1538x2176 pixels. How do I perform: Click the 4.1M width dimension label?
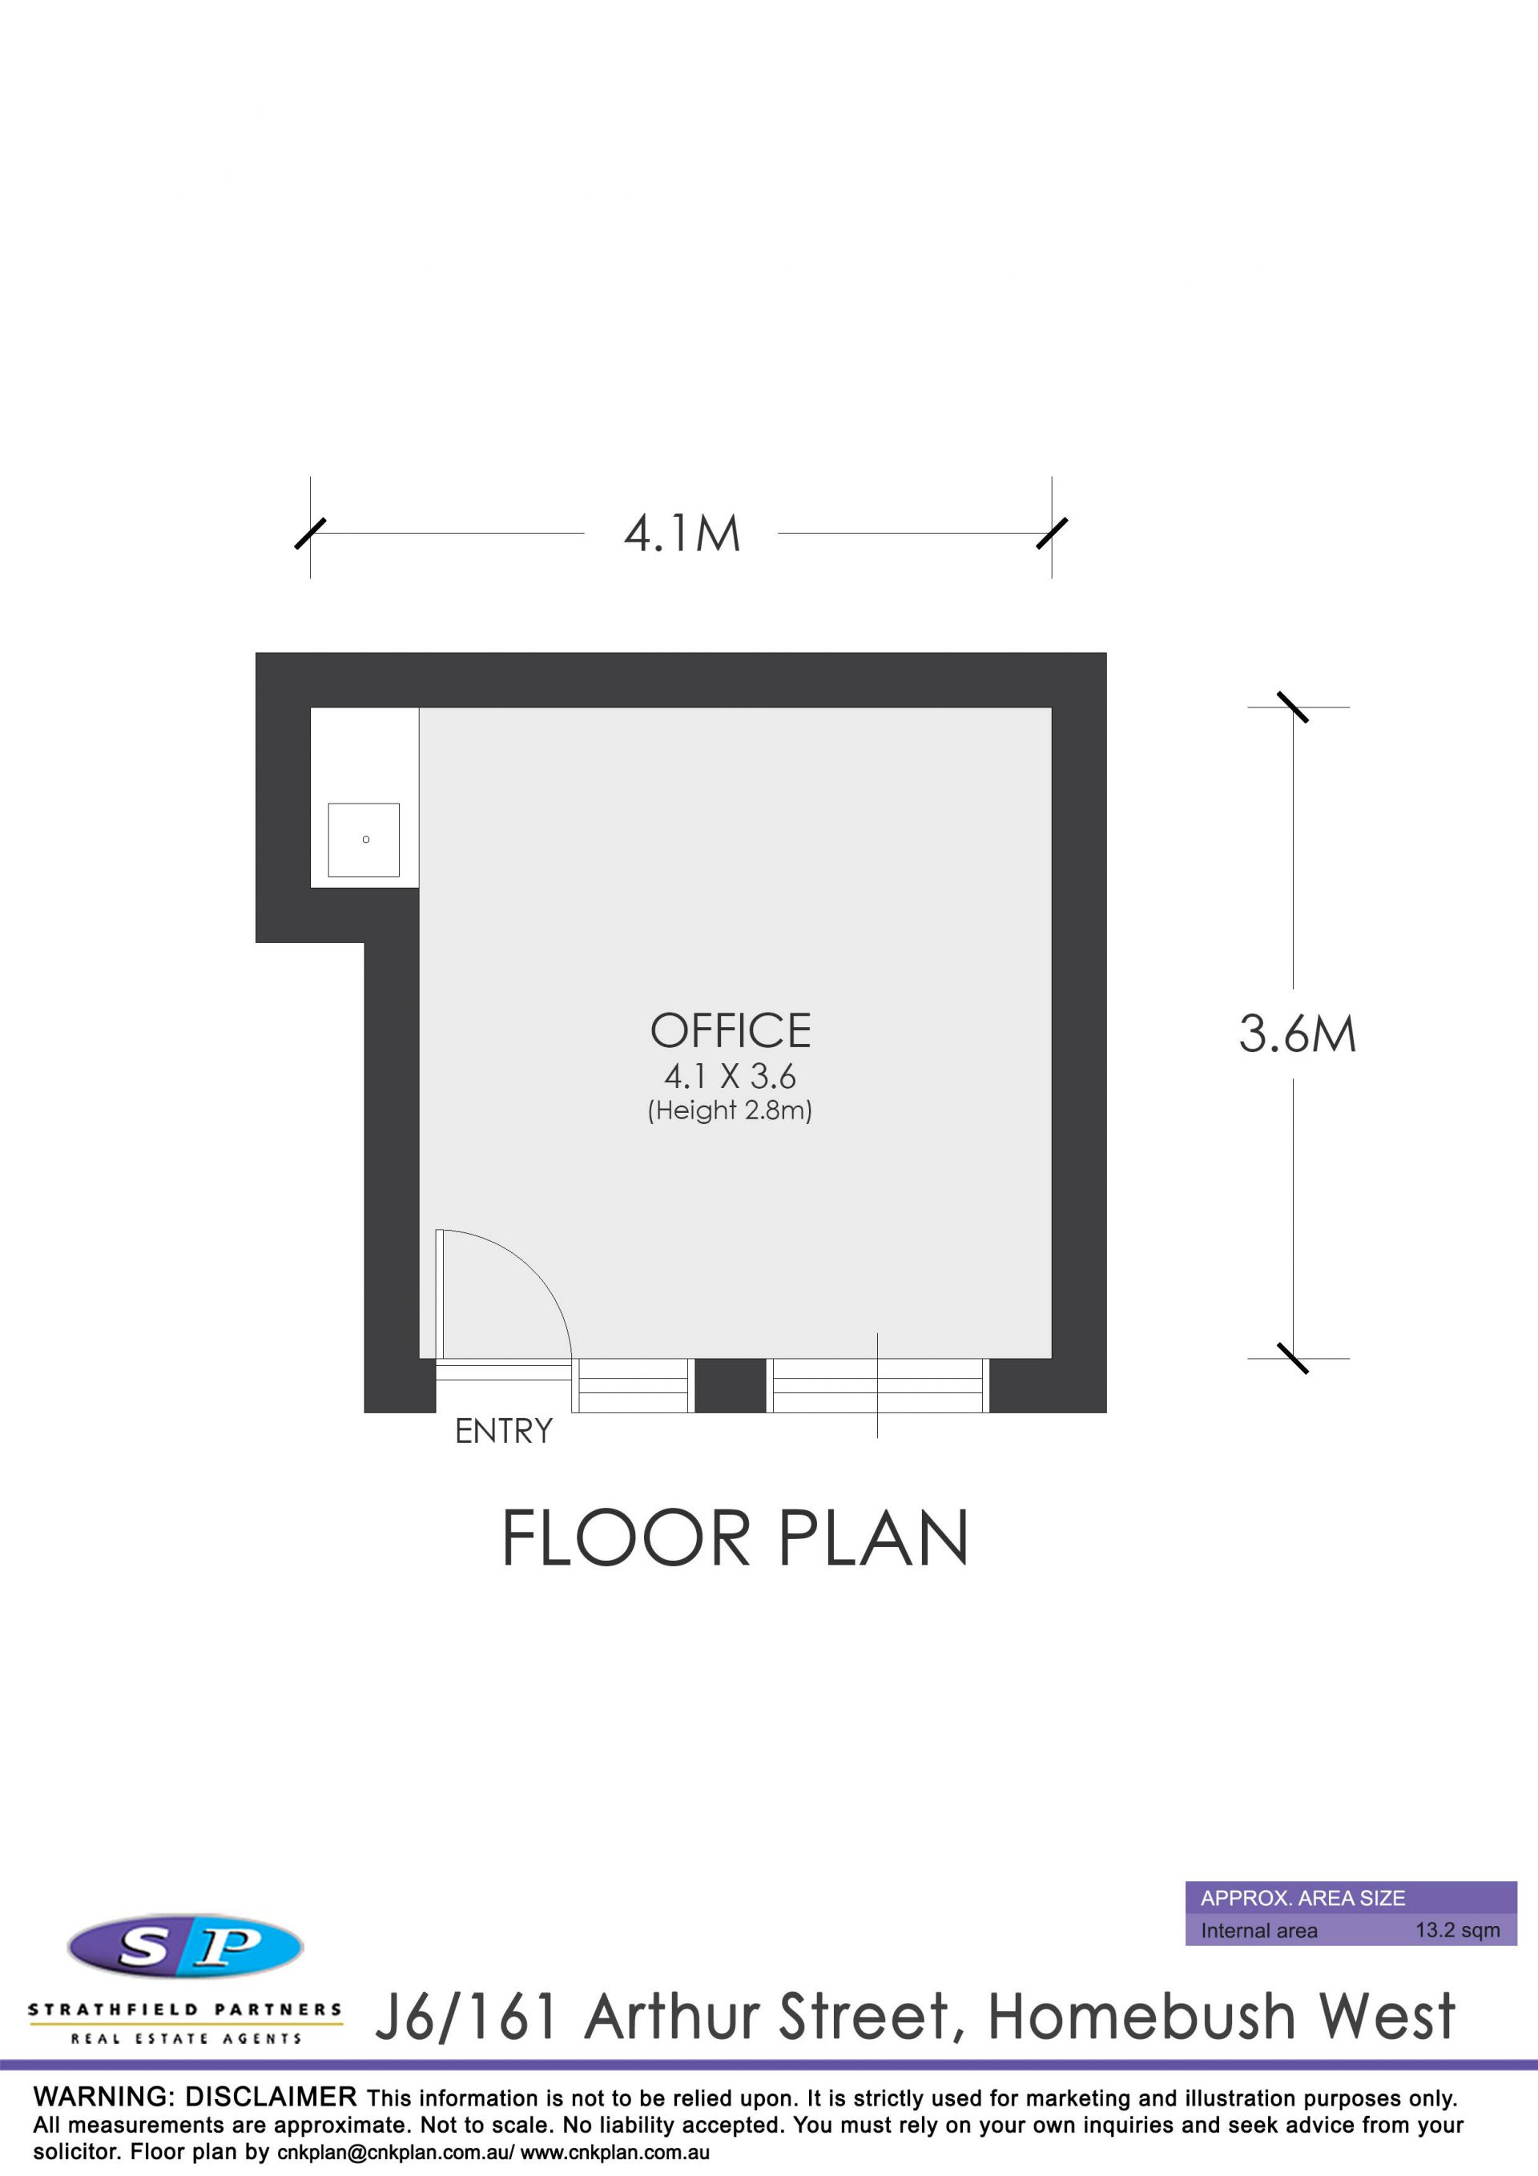click(x=682, y=534)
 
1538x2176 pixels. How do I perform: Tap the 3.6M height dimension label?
click(x=1298, y=1034)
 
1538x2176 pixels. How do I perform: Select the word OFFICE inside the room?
click(x=731, y=1031)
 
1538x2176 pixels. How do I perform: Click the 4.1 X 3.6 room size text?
click(x=730, y=1077)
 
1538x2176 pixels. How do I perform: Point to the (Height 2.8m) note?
click(x=730, y=1110)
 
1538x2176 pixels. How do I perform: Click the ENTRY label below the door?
click(x=503, y=1431)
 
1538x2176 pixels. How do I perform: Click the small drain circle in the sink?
click(x=366, y=839)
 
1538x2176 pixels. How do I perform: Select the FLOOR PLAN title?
click(x=735, y=1538)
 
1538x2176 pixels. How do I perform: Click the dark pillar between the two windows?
click(x=730, y=1385)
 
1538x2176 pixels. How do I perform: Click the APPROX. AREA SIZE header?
click(x=1303, y=1898)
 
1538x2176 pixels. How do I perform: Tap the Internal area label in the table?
click(x=1258, y=1932)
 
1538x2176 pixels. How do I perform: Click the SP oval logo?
click(x=186, y=1948)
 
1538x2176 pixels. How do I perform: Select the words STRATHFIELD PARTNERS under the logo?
click(x=185, y=2009)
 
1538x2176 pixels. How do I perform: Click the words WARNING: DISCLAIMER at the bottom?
click(x=195, y=2097)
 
